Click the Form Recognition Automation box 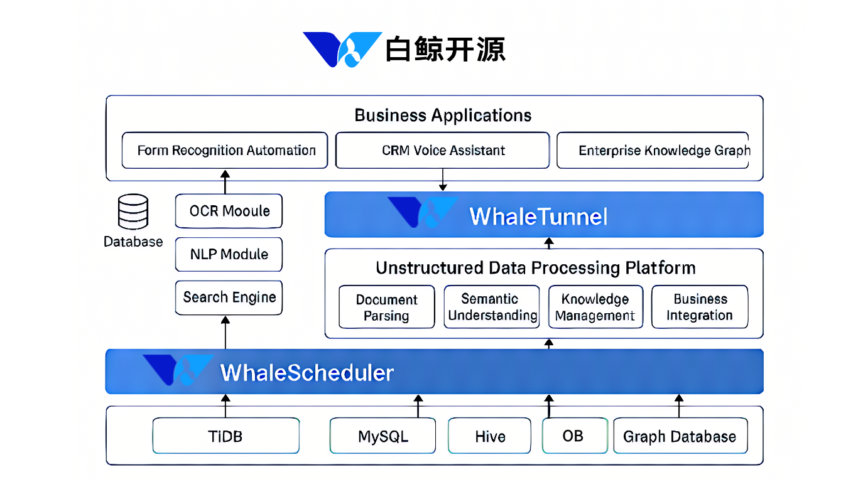pyautogui.click(x=225, y=151)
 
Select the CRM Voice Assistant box pyautogui.click(x=443, y=151)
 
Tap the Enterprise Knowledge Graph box pyautogui.click(x=653, y=151)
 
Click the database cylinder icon pyautogui.click(x=133, y=212)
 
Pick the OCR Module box pyautogui.click(x=229, y=211)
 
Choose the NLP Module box pyautogui.click(x=229, y=254)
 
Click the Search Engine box pyautogui.click(x=229, y=297)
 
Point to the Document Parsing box pyautogui.click(x=387, y=307)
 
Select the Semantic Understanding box pyautogui.click(x=492, y=307)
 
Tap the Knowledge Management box pyautogui.click(x=595, y=307)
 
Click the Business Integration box pyautogui.click(x=700, y=307)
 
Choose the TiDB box pyautogui.click(x=226, y=436)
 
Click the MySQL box pyautogui.click(x=383, y=436)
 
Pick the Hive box pyautogui.click(x=489, y=436)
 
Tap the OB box pyautogui.click(x=575, y=436)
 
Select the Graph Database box pyautogui.click(x=681, y=436)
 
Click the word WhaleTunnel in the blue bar pyautogui.click(x=538, y=217)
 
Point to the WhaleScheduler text pyautogui.click(x=307, y=373)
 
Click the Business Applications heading pyautogui.click(x=443, y=115)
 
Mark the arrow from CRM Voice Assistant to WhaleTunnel pyautogui.click(x=443, y=179)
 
